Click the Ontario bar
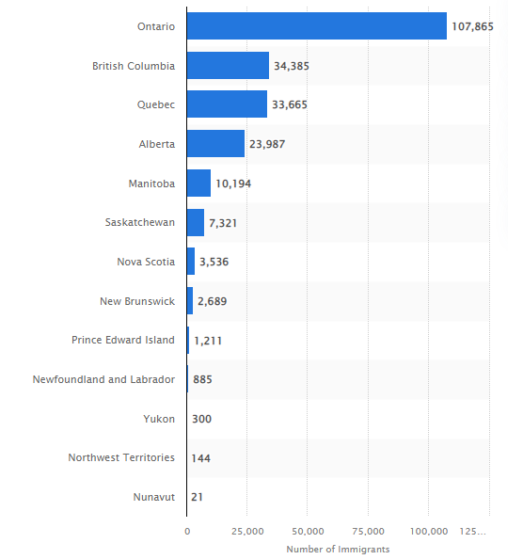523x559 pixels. pos(317,26)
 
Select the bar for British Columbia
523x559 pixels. pos(228,66)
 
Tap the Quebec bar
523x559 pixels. pos(227,104)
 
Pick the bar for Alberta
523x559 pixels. pos(216,144)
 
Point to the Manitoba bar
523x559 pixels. pos(198,183)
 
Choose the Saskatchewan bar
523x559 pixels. pos(196,222)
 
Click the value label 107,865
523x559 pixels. pos(472,26)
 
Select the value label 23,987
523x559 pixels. pos(267,144)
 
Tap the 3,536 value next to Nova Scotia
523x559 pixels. pos(214,262)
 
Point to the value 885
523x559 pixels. pos(202,379)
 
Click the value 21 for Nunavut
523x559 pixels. pos(197,497)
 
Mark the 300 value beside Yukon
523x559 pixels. pos(201,419)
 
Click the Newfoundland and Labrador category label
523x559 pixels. pos(103,379)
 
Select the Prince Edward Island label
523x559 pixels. pos(123,340)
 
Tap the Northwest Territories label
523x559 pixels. pos(121,457)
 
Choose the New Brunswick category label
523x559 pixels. pos(137,301)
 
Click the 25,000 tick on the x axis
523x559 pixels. pos(247,532)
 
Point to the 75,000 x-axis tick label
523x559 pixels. pos(369,532)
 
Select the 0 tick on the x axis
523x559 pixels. pos(187,532)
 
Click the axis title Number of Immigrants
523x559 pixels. pos(338,550)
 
